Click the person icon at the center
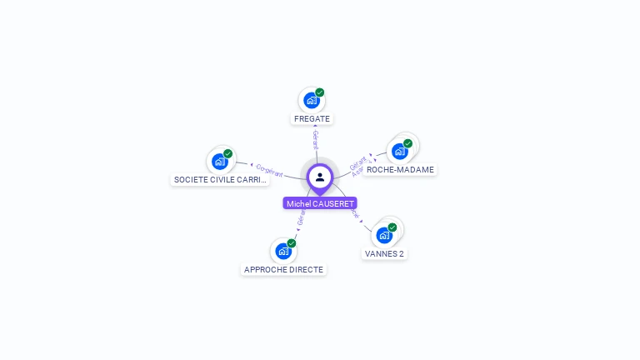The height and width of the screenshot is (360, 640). pos(320,177)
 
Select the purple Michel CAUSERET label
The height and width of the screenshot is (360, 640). pos(320,203)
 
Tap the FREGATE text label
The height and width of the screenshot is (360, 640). pos(312,118)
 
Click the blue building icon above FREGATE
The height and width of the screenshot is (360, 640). pos(311,101)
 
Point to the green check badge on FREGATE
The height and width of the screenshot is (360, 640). pos(320,92)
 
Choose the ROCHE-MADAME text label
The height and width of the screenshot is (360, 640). pos(400,169)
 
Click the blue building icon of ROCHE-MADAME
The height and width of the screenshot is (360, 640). pos(400,152)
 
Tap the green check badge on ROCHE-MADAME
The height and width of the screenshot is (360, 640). pos(408,143)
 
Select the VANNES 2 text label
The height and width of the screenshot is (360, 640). pos(384,253)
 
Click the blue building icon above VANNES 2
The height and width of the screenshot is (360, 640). pos(384,235)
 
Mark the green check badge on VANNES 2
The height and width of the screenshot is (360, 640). pos(392,227)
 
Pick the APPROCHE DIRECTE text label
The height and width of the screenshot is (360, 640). pos(283,269)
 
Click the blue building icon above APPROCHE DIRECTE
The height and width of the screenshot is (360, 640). pos(283,251)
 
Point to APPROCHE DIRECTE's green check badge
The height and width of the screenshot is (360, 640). pos(292,242)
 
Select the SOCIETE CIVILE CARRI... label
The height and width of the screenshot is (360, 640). pos(220,179)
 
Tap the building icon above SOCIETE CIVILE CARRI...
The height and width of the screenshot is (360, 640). pos(219,162)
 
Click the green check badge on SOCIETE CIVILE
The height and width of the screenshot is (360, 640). pos(228,153)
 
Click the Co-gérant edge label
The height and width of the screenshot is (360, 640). pos(270,170)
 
